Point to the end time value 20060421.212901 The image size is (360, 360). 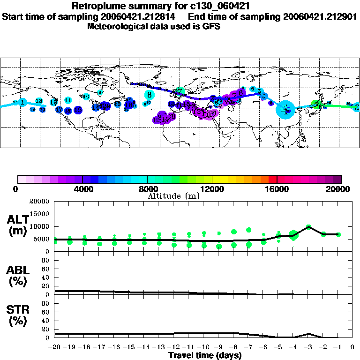pos(320,16)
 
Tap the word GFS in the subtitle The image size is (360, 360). pos(211,26)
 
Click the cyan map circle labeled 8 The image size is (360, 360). pos(149,94)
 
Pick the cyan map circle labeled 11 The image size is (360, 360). pos(68,100)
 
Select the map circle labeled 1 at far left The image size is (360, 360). pos(22,103)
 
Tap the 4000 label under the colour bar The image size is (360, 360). pos(82,189)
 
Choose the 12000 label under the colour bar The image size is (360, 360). pos(212,189)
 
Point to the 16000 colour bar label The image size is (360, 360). pos(277,189)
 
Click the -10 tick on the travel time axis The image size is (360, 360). pos(204,347)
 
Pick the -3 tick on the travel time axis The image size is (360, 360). pos(308,347)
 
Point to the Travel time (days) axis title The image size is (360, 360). pos(205,356)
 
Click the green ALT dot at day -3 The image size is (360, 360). pos(308,227)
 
